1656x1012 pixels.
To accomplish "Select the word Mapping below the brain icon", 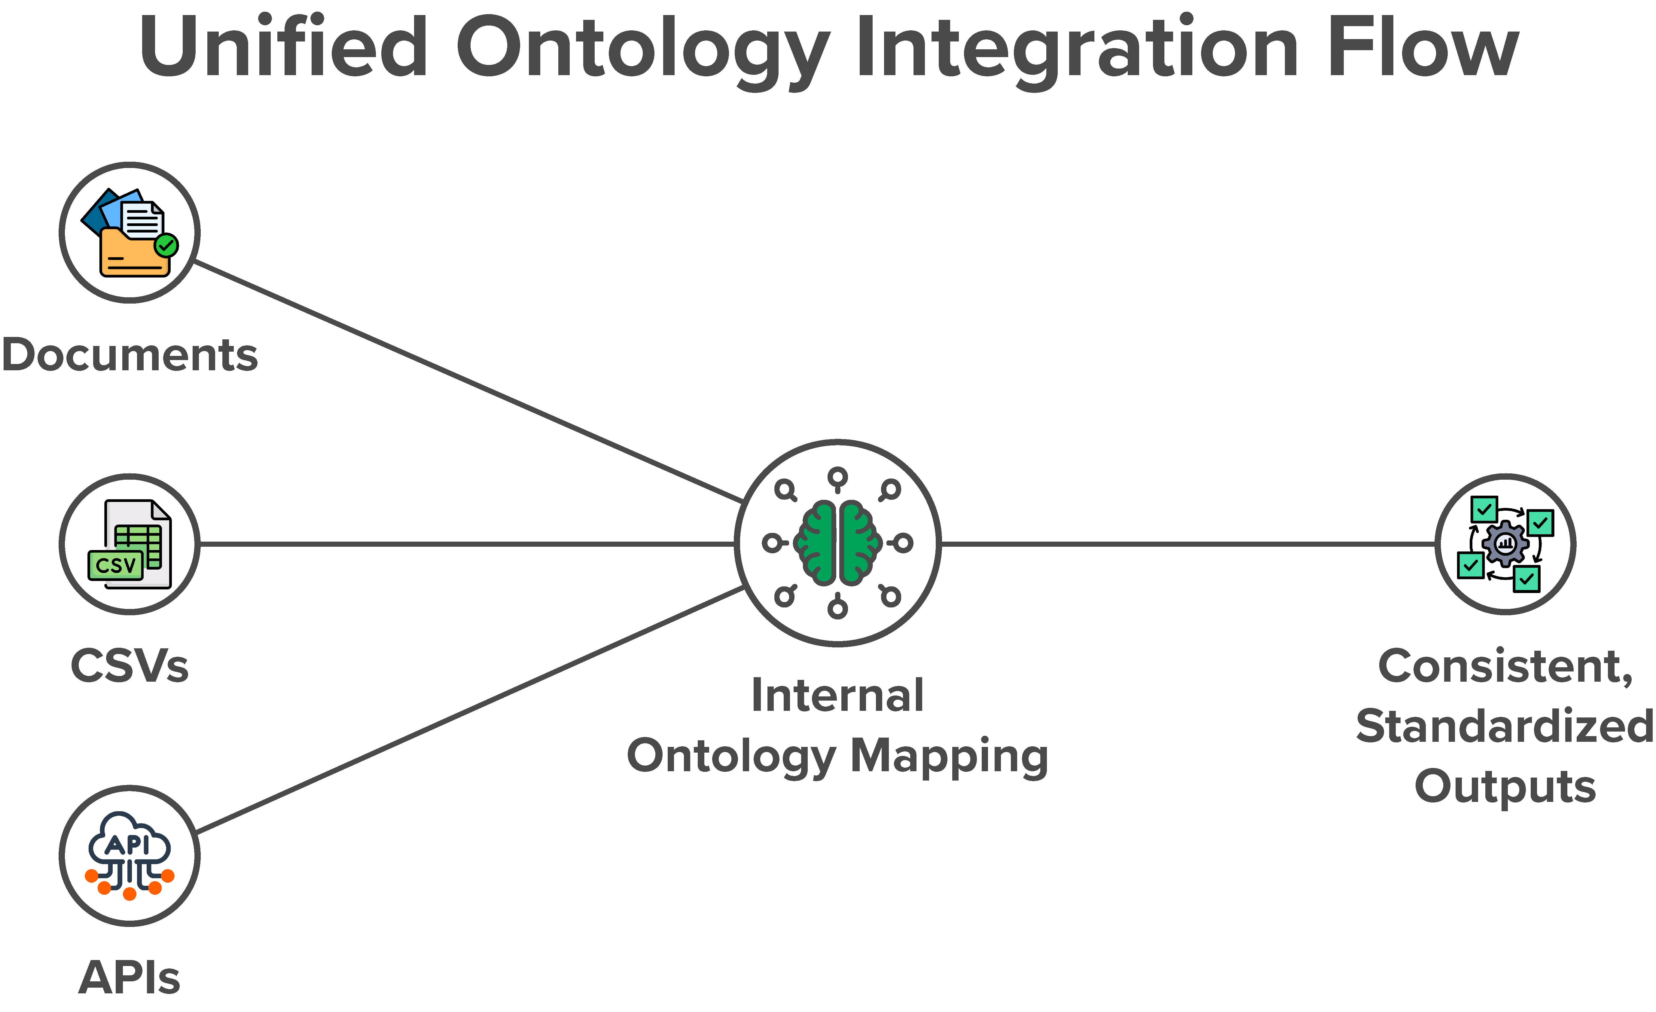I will pyautogui.click(x=949, y=756).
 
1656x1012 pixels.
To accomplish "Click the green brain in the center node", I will pyautogui.click(x=837, y=543).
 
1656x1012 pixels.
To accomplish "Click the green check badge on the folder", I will pyautogui.click(x=166, y=246).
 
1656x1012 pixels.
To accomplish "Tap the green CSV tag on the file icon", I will pyautogui.click(x=116, y=565).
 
